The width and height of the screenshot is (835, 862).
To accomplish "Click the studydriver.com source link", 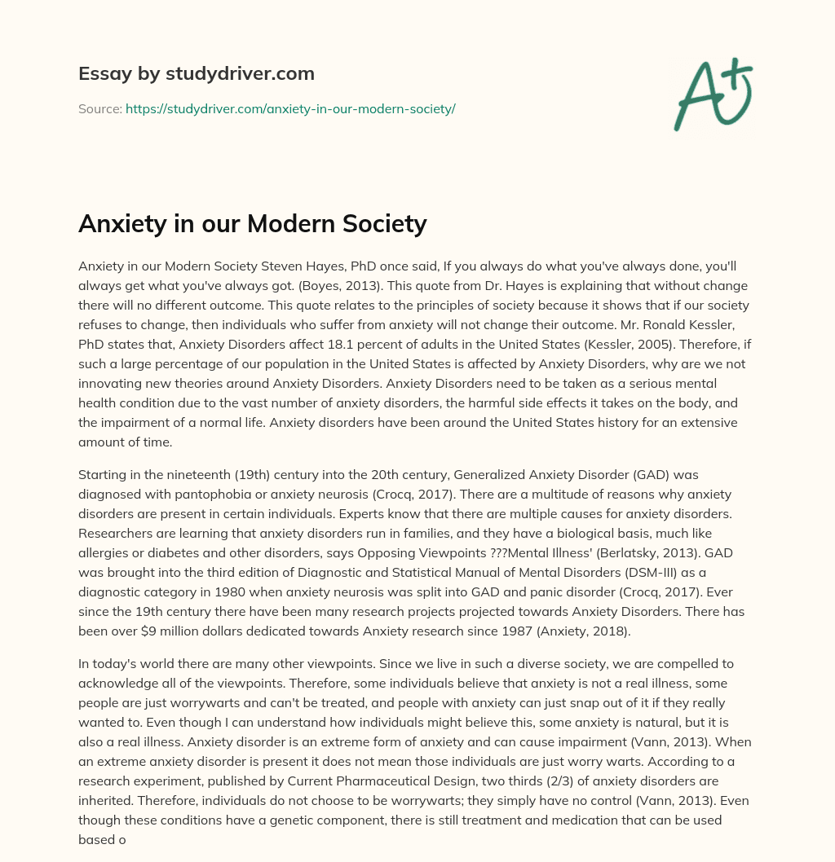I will pyautogui.click(x=290, y=108).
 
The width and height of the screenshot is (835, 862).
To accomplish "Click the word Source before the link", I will pyautogui.click(x=99, y=108).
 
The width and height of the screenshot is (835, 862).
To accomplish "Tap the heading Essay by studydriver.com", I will pyautogui.click(x=196, y=73).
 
